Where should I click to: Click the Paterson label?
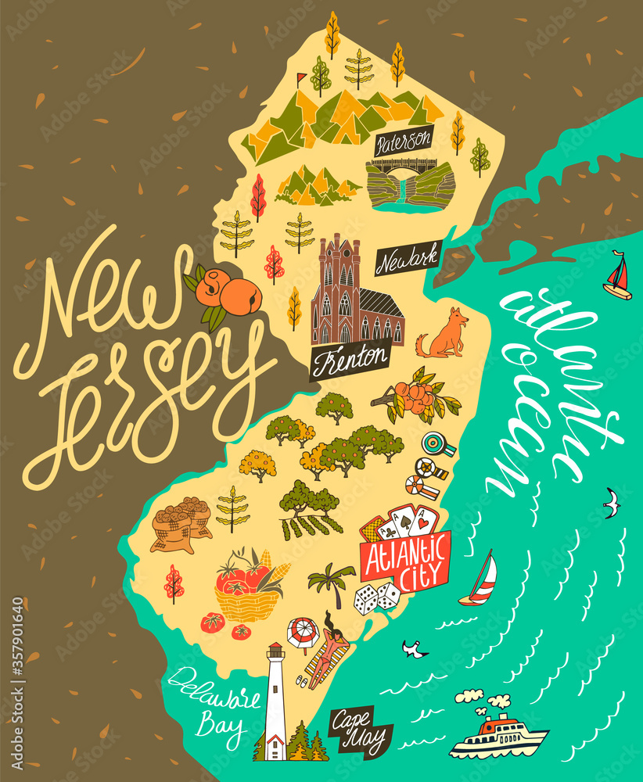[x=404, y=142]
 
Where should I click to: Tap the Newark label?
[x=408, y=258]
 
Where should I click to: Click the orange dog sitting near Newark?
[x=444, y=335]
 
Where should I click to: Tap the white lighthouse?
[x=275, y=700]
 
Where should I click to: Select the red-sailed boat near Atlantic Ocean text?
[x=618, y=276]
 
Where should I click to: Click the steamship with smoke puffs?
[x=498, y=731]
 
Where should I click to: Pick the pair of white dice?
[x=376, y=598]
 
